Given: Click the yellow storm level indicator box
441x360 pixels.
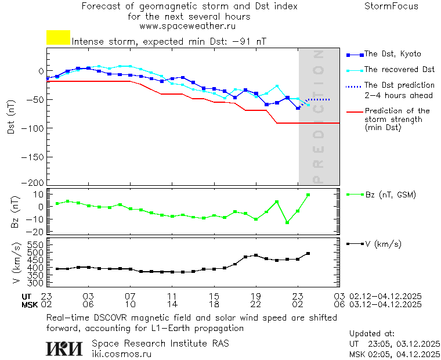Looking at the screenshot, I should point(58,38).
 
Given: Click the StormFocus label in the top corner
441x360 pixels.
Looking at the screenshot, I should point(391,6).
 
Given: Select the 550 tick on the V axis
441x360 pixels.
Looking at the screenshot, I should point(35,245).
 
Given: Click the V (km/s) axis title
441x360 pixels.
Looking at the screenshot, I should point(17,264).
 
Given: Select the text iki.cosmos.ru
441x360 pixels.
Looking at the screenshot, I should point(122,354).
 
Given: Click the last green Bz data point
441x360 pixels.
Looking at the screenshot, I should point(308,195).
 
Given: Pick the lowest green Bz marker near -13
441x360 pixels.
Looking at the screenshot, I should point(287,222).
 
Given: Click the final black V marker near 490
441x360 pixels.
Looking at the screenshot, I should point(308,254).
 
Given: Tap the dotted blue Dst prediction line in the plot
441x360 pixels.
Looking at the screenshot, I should point(318,100).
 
